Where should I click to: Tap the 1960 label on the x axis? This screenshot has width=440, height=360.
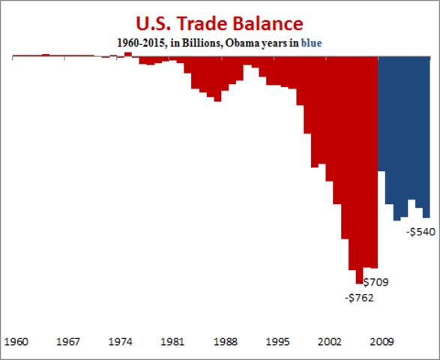[17, 341]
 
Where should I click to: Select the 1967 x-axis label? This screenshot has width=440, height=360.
[68, 341]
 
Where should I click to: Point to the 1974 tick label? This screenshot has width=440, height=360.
[121, 341]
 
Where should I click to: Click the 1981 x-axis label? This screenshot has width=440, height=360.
[173, 341]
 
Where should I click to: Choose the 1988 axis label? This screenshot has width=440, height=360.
[226, 341]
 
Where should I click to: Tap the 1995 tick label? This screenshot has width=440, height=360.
[278, 341]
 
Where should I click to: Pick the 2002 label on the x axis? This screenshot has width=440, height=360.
[331, 341]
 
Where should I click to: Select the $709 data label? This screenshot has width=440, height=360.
[376, 283]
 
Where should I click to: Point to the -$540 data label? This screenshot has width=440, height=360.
[421, 232]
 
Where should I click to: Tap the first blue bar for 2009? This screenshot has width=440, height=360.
[382, 112]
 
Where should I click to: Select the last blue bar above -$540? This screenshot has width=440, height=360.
[427, 135]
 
